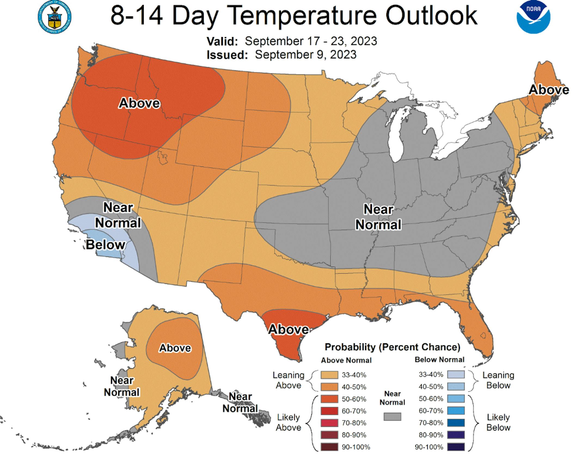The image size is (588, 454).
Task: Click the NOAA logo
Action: click(x=533, y=17)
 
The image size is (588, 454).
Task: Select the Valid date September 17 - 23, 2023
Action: click(x=311, y=41)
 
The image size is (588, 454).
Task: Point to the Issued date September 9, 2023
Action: click(x=305, y=55)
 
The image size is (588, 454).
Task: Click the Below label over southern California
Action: click(x=106, y=244)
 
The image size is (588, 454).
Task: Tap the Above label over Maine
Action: click(x=549, y=90)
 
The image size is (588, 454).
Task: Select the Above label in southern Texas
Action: click(x=289, y=329)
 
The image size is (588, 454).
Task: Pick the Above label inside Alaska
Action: click(x=175, y=348)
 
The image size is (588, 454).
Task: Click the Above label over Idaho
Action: click(x=139, y=103)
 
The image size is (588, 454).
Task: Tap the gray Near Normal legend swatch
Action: click(x=392, y=416)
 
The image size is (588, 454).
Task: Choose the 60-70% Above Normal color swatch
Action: click(x=329, y=411)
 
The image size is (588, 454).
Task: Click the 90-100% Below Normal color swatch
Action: click(x=456, y=447)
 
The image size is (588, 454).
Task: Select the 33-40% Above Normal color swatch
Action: click(x=329, y=375)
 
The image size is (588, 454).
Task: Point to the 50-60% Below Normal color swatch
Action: click(x=456, y=399)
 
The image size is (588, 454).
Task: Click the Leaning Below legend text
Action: click(x=498, y=380)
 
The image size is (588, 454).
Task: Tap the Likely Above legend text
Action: click(x=288, y=422)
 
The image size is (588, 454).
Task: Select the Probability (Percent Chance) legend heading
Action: click(x=392, y=347)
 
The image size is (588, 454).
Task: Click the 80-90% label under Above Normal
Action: click(x=354, y=435)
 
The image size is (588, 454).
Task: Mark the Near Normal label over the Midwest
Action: click(x=378, y=217)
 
